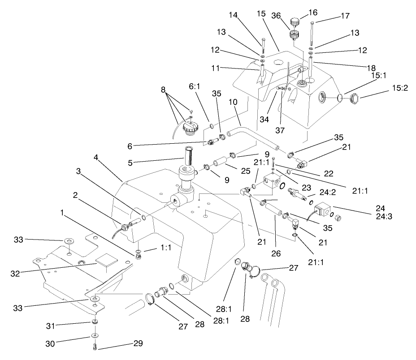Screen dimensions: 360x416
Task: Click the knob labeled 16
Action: [x=295, y=21]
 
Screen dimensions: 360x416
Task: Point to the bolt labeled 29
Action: [x=95, y=346]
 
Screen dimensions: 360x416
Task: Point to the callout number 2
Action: [x=76, y=196]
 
